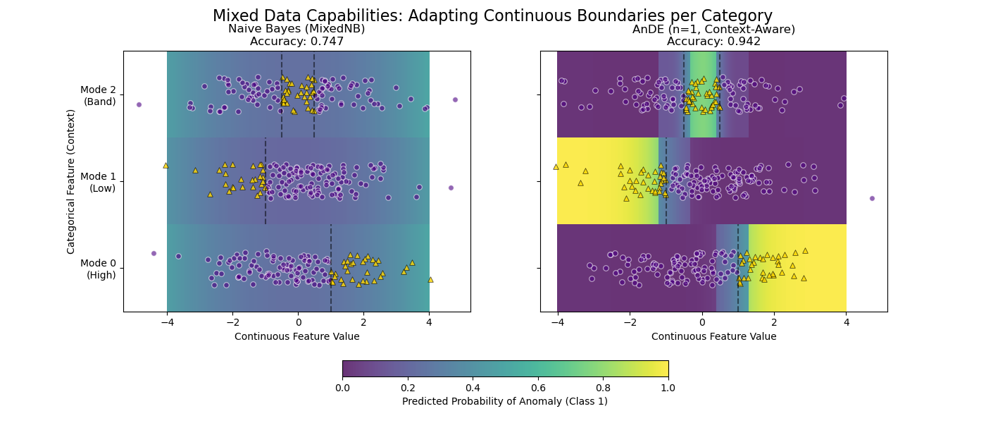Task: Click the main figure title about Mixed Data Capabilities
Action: (x=492, y=16)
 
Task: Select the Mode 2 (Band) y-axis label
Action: (x=98, y=95)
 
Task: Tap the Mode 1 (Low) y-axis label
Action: (x=98, y=182)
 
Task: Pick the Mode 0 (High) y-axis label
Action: (x=98, y=269)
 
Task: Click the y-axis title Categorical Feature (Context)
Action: (x=71, y=181)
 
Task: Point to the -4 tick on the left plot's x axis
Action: (x=167, y=321)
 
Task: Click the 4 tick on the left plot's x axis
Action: (x=429, y=321)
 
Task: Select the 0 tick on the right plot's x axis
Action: (x=701, y=321)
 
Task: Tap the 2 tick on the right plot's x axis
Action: (x=774, y=321)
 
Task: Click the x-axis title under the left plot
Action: (x=297, y=336)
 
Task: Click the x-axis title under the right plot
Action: (x=713, y=336)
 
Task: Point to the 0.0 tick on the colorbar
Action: (x=342, y=387)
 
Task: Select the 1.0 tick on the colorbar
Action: (x=668, y=387)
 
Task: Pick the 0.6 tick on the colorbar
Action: (x=537, y=387)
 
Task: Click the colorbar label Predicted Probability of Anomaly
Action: (x=504, y=401)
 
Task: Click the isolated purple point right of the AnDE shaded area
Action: (x=872, y=198)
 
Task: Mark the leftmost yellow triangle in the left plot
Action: (x=166, y=165)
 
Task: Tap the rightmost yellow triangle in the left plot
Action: (x=430, y=279)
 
